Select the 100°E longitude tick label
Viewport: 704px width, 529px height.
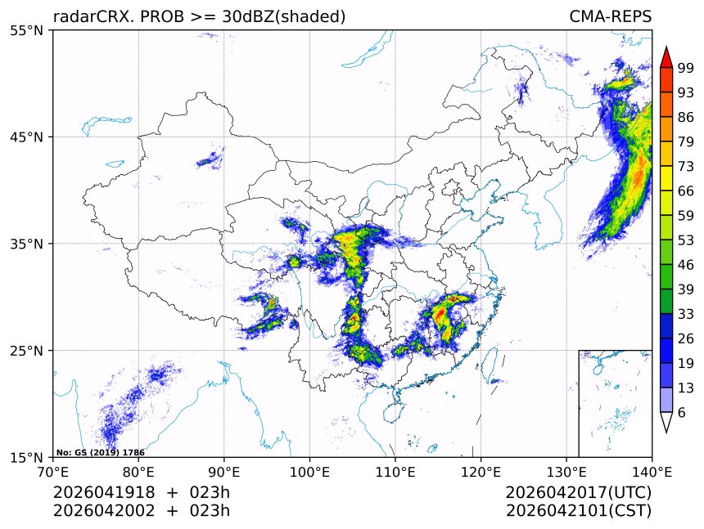coord(309,472)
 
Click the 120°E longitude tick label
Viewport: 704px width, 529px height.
coord(481,472)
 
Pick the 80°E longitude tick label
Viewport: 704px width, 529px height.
coord(138,472)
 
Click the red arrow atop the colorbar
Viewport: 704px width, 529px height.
coord(666,56)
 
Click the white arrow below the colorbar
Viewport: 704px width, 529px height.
coord(666,422)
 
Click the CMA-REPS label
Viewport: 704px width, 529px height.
coord(610,16)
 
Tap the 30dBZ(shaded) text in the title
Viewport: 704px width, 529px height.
coord(283,16)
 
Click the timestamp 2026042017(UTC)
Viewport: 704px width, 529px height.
coord(578,493)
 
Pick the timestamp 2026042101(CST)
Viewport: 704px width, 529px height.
coord(578,512)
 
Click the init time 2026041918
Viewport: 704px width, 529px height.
coord(106,493)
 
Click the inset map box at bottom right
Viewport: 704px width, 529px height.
coord(615,403)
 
